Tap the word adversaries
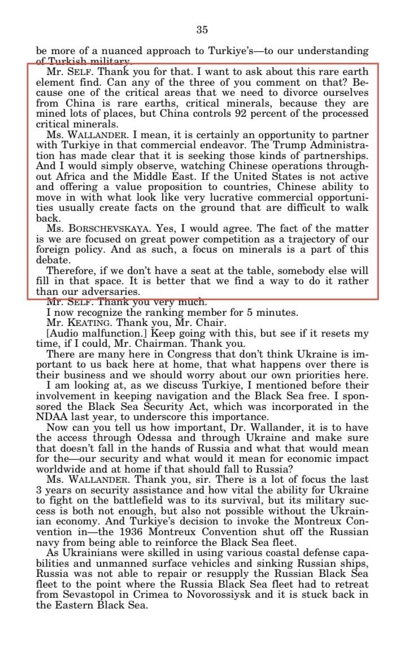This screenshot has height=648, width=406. pos(106,292)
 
